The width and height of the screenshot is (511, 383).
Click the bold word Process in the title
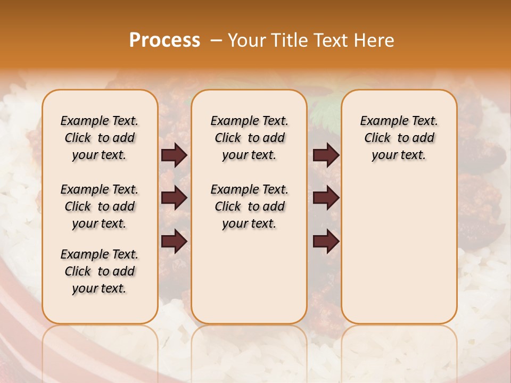click(x=164, y=40)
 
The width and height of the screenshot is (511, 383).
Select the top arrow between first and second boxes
click(x=174, y=155)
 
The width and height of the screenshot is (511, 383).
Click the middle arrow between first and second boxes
click(x=174, y=198)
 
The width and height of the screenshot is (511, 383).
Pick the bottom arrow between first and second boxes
click(x=174, y=241)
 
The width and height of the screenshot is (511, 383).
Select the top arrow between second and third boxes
click(x=326, y=155)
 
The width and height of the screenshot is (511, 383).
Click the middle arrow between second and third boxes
click(x=326, y=198)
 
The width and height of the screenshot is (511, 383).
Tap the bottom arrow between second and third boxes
click(x=326, y=241)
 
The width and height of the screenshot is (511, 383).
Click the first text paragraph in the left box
click(x=100, y=138)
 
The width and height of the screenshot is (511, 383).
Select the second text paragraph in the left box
click(x=100, y=206)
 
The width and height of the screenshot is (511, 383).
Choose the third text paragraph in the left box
click(x=100, y=271)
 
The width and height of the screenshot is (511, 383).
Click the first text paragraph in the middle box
click(x=249, y=138)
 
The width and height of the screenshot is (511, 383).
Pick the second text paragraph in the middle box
click(x=249, y=206)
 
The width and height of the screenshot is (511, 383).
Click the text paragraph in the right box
click(x=399, y=138)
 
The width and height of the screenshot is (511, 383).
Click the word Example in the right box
click(x=379, y=121)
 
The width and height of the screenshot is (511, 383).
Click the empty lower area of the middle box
click(x=249, y=277)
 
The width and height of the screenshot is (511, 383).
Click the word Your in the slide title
click(x=244, y=40)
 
